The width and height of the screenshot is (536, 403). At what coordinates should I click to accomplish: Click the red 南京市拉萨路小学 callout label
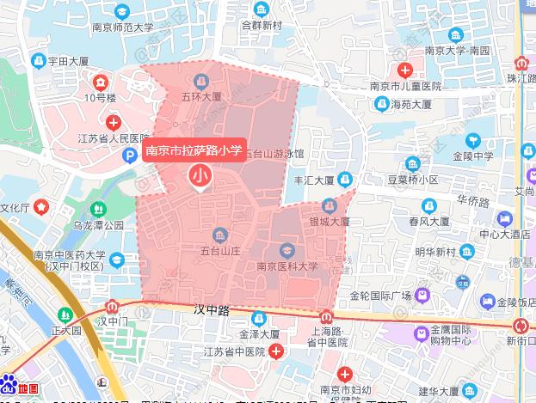tap(194, 150)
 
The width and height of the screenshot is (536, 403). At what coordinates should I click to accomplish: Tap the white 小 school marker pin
tap(200, 176)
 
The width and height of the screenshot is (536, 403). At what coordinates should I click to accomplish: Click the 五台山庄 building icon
tap(219, 235)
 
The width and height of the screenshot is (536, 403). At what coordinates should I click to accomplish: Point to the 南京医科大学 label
tap(287, 266)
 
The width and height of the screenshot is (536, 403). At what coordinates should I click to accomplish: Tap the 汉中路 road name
tap(211, 308)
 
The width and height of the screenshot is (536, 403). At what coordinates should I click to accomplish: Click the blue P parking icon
tap(129, 156)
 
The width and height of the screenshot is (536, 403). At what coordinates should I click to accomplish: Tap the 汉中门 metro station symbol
tap(112, 306)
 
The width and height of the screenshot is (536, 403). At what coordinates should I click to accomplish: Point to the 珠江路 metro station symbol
tap(521, 64)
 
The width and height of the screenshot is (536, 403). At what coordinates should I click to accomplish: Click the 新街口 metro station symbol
tap(521, 326)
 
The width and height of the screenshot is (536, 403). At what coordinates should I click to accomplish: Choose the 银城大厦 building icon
tap(330, 206)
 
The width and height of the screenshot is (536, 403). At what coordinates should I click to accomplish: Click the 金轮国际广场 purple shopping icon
tap(422, 296)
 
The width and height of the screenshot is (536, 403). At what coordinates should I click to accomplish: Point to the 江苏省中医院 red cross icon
tap(275, 351)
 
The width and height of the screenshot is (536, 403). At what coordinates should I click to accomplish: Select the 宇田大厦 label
tap(69, 62)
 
